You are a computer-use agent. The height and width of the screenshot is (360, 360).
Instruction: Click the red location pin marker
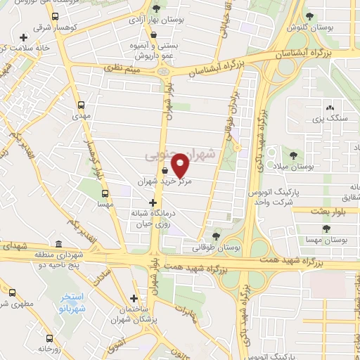coord(181,165)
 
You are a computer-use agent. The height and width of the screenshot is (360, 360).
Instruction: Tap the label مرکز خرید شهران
coord(164,181)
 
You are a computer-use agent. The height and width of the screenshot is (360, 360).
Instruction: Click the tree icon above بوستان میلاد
coord(293,155)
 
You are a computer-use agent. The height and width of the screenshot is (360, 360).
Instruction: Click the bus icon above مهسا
coord(105,193)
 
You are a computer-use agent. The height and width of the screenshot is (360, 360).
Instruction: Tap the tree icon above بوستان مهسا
coord(325,229)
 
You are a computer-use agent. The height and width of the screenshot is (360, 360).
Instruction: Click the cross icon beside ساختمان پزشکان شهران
coord(134,297)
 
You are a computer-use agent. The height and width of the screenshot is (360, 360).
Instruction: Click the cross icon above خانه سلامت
coord(25,37)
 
